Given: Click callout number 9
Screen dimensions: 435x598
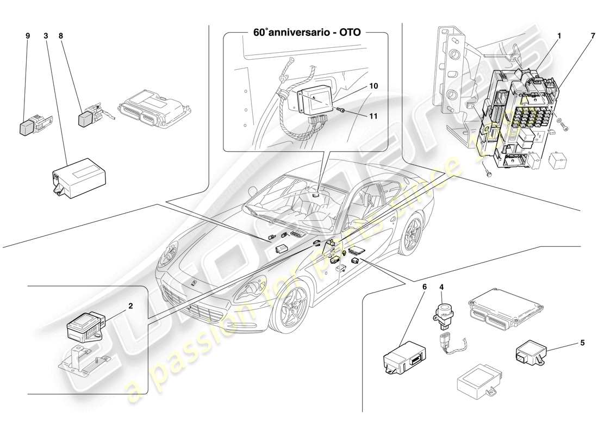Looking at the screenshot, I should click(27, 36).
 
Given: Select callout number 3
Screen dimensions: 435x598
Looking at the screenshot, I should click(46, 36).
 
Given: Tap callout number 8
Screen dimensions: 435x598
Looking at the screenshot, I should click(61, 36).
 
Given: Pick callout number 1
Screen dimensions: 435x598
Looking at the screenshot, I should click(559, 36).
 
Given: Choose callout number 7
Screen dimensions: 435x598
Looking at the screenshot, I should click(584, 36).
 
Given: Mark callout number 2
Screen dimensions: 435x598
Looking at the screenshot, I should click(130, 306).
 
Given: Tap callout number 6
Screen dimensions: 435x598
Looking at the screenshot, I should click(425, 286).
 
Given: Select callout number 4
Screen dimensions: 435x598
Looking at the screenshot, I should click(441, 286).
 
